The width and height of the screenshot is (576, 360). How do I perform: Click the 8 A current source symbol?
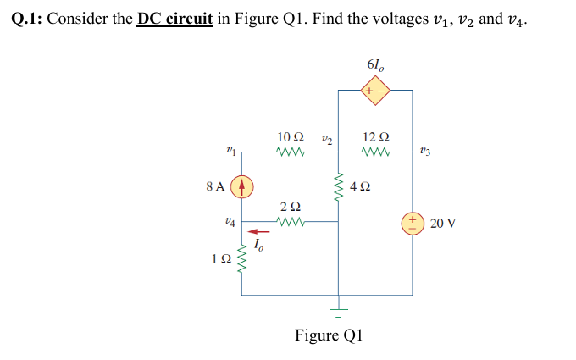tap(242, 186)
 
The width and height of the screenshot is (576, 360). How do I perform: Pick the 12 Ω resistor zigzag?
tap(374, 153)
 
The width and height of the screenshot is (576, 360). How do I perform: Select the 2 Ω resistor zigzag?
tap(290, 224)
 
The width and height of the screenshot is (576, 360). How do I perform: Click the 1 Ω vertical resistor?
tap(242, 258)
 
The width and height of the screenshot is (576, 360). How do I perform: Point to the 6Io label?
tap(376, 65)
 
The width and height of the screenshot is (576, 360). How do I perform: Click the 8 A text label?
tap(215, 186)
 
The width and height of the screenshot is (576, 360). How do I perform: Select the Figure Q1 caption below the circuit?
tap(328, 335)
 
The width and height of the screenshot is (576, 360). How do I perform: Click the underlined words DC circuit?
tap(174, 18)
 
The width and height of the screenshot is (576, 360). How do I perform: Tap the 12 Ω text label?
tap(375, 136)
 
